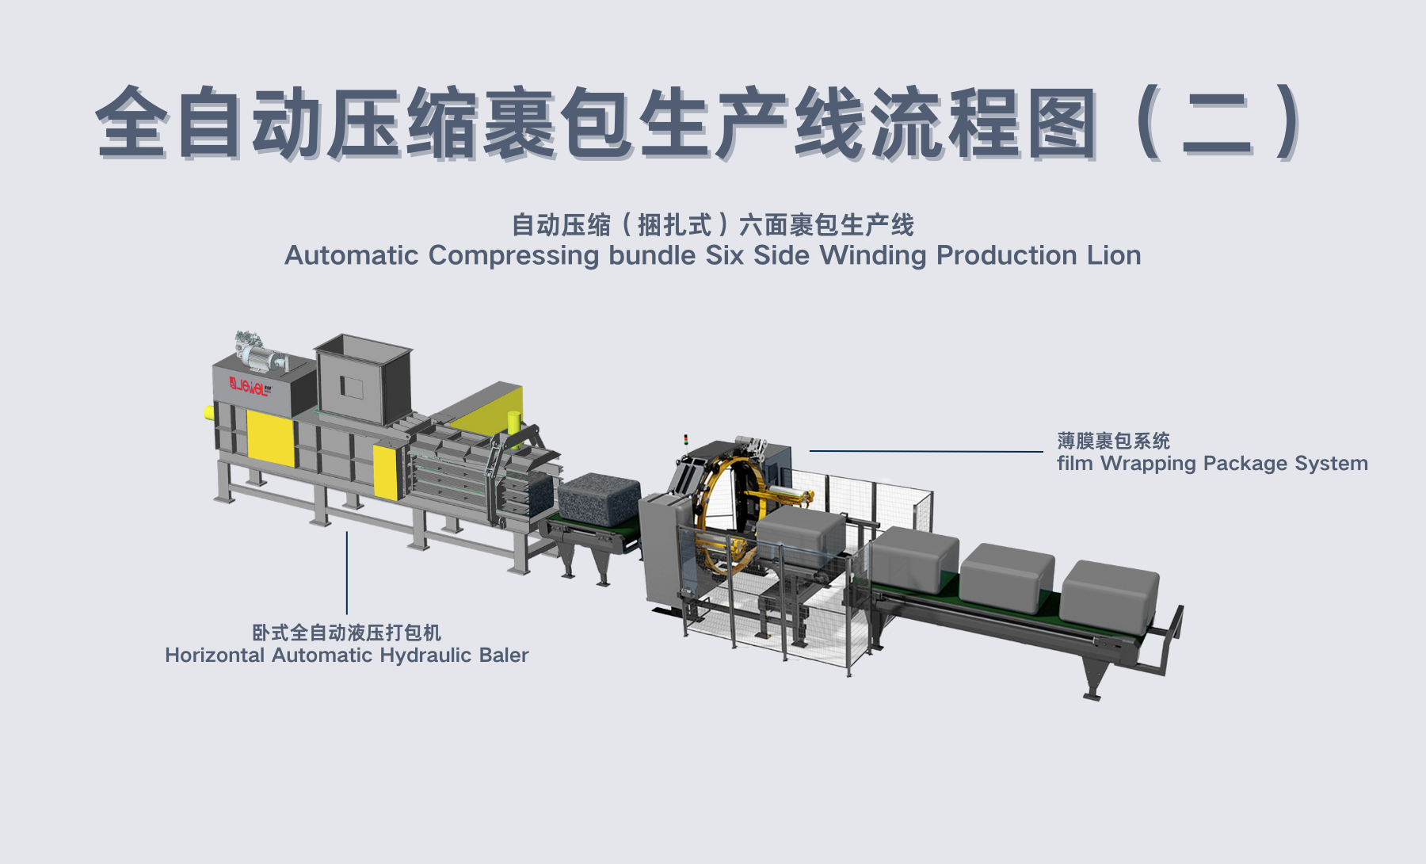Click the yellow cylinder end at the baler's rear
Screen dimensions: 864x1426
(209, 412)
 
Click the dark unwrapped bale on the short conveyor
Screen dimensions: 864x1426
(598, 497)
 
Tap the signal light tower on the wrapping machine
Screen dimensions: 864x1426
(686, 439)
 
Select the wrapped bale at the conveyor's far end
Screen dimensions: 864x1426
(1109, 591)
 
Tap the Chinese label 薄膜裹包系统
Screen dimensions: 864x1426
(1113, 441)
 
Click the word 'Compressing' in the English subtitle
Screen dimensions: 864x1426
(513, 255)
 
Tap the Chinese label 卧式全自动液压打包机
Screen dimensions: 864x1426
(346, 633)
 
